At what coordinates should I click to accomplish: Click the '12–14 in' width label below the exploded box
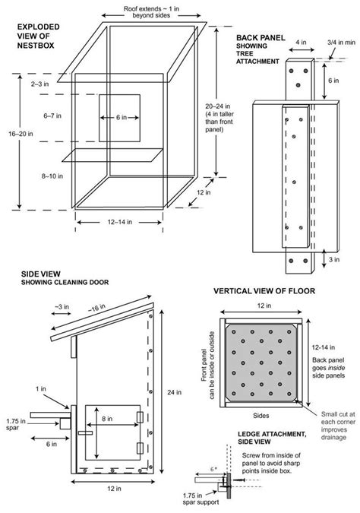(x=117, y=223)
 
